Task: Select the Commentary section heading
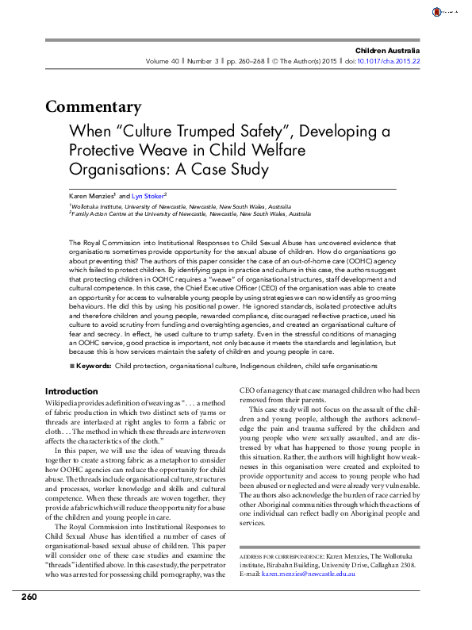tap(94, 107)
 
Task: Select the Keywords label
tap(94, 366)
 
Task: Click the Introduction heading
tap(71, 391)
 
